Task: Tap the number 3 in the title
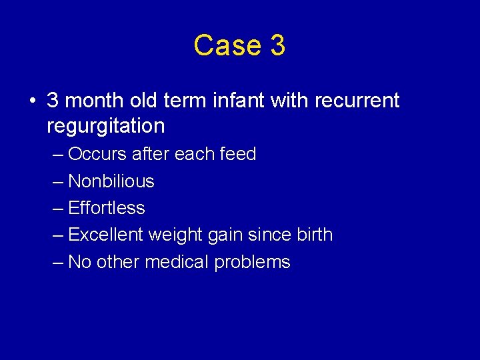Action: click(x=278, y=45)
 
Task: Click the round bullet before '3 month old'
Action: click(x=32, y=101)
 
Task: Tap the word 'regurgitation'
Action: click(x=105, y=125)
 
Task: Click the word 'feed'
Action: click(x=238, y=154)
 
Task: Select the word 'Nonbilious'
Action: click(x=111, y=181)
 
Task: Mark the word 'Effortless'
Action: click(x=107, y=208)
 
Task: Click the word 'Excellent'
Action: click(x=106, y=235)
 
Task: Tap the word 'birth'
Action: click(x=313, y=235)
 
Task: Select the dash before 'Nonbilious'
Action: click(x=58, y=181)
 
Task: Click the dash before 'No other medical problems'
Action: click(x=58, y=262)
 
